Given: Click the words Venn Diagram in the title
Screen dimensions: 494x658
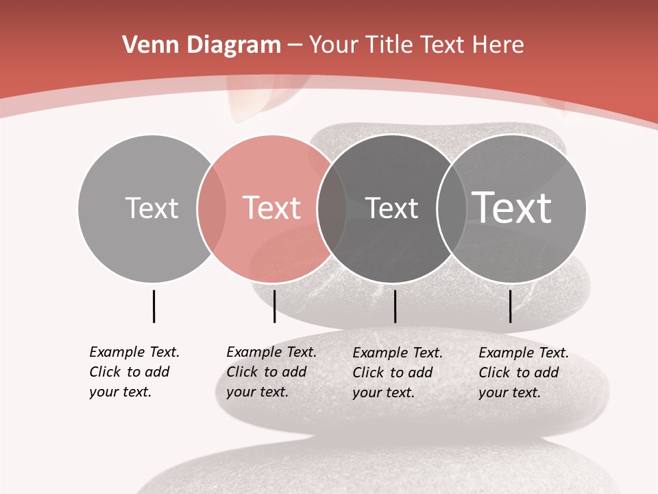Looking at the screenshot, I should (202, 45).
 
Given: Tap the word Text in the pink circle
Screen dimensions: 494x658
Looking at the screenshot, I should (272, 208).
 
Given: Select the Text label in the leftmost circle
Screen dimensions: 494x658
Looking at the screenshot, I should (151, 208).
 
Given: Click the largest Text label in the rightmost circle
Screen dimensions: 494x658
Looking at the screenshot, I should (512, 208).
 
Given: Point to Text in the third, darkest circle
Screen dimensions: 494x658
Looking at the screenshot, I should (391, 208).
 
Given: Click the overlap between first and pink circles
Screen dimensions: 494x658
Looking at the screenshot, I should (212, 208).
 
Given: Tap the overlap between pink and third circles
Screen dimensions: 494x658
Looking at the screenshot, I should (332, 208).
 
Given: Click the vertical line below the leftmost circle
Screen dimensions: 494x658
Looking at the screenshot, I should (154, 306).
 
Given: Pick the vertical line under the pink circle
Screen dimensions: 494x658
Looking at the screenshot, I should (274, 306).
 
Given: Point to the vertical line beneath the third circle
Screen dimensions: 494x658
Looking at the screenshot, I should (395, 306).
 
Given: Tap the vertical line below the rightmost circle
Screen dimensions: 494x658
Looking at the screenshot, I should (510, 306).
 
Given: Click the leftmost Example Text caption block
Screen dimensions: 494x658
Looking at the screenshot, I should (134, 372).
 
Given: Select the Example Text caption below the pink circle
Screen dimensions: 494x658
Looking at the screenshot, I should (271, 372).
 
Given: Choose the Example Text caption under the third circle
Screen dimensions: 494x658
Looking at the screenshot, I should (398, 373).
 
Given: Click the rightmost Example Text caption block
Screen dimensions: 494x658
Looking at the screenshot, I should (524, 373).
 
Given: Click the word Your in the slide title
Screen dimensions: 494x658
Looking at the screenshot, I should (333, 45).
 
